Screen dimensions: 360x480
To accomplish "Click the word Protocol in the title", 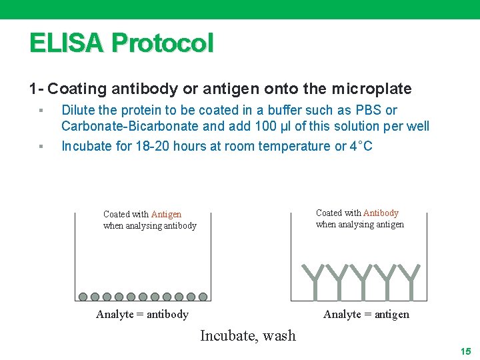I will [x=163, y=43].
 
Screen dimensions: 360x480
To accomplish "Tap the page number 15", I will [x=465, y=351].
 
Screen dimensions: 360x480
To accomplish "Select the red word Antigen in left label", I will [x=166, y=214].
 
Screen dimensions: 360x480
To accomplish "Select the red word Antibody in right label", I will [x=381, y=213].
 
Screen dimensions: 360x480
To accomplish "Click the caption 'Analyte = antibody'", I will [x=142, y=315].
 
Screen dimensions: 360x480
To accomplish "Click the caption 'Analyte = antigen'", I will [x=366, y=315].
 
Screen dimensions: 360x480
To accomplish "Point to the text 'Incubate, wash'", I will [x=247, y=335].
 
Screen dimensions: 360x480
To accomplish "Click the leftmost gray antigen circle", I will [x=83, y=297].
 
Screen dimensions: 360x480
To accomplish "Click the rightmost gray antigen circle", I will [x=203, y=297].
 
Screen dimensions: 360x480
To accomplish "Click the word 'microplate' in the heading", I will [x=373, y=89].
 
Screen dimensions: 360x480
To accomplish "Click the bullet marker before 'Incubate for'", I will [x=41, y=146].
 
